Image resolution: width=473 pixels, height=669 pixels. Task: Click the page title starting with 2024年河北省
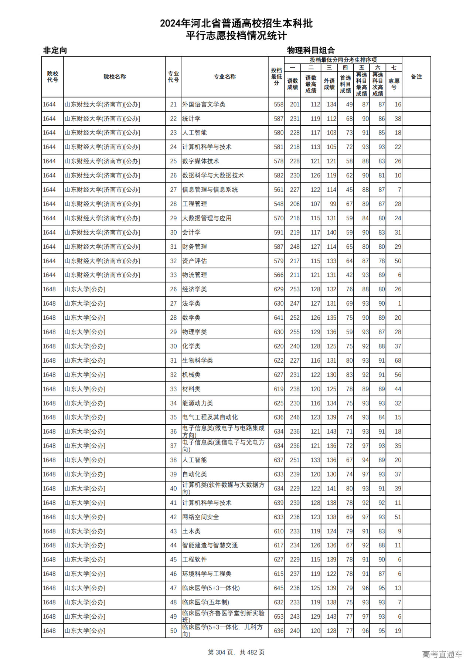[236, 24]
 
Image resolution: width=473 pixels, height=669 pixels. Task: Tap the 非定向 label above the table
[55, 50]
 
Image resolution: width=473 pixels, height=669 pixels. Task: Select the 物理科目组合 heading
[311, 50]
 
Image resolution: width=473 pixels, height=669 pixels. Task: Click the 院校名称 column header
[115, 77]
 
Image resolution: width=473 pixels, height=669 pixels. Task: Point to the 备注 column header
[416, 77]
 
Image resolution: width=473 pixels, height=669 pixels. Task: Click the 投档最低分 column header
[276, 77]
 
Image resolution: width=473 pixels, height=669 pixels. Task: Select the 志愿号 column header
[394, 84]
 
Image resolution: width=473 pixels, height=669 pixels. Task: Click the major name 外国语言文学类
[204, 105]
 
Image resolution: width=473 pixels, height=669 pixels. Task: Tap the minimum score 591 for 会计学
[279, 232]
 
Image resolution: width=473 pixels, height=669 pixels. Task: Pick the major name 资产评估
[194, 261]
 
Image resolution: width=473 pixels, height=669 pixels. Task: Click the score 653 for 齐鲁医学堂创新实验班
[279, 617]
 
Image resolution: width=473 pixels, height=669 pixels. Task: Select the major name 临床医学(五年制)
[205, 602]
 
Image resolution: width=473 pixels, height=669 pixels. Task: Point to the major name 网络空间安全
[201, 517]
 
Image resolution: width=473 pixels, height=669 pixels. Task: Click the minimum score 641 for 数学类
[279, 318]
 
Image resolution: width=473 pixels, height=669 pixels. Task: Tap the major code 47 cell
[173, 588]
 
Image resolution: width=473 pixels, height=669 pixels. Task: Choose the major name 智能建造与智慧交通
[210, 545]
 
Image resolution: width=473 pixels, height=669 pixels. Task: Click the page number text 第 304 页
[222, 652]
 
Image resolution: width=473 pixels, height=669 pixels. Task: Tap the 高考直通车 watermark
[442, 654]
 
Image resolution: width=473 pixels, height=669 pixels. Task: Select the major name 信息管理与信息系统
[210, 190]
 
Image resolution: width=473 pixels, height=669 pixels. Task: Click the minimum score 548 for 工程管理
[279, 204]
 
